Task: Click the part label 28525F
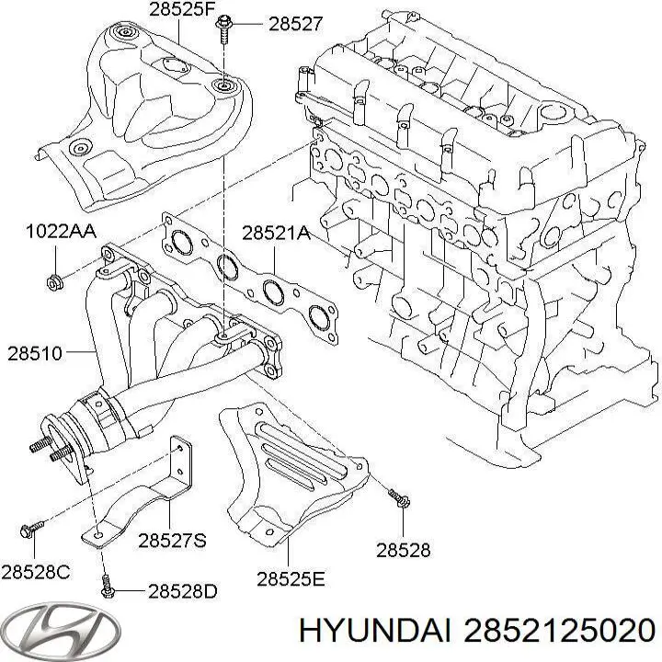[181, 11]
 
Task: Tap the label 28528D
[183, 591]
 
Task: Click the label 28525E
[291, 578]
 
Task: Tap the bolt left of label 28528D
[107, 584]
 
